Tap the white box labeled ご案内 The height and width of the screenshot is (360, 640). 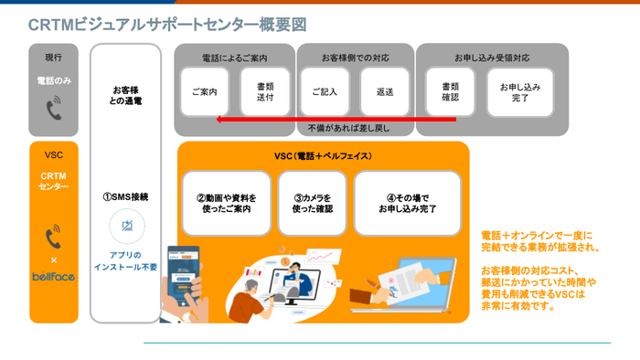point(204,92)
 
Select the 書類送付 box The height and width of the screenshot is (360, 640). point(258,92)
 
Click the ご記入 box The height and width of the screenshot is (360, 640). point(325,92)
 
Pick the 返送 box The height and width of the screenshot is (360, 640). point(384,92)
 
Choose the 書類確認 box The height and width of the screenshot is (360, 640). point(450,92)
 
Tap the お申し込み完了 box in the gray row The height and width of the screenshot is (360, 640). point(520,92)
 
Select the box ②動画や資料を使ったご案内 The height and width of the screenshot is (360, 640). point(226,203)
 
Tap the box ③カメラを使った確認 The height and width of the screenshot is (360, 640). point(312,203)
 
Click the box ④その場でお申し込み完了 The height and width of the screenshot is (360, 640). point(408,203)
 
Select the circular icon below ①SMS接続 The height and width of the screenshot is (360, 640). point(126,226)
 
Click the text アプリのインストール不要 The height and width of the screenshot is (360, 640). point(126,260)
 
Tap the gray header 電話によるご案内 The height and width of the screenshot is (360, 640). point(234,58)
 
